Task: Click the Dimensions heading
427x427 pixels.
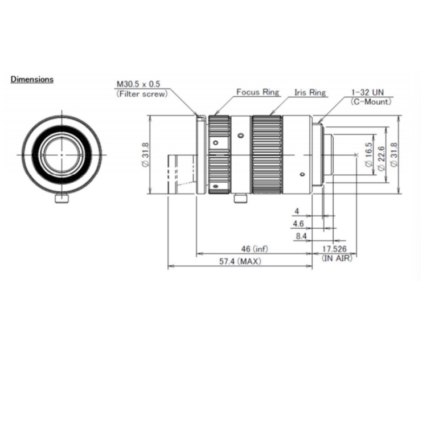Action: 32,80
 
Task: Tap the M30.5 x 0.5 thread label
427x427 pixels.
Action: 138,84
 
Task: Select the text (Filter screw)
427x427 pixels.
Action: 142,94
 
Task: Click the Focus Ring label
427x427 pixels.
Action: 257,92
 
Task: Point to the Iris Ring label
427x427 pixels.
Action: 310,93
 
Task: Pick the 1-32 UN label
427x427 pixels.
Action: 367,92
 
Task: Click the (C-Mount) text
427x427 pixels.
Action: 371,102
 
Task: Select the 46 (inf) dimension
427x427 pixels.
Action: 254,249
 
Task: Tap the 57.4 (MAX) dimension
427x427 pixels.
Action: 240,261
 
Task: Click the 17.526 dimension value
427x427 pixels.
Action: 334,249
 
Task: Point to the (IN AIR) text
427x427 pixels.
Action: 337,258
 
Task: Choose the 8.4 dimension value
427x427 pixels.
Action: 301,236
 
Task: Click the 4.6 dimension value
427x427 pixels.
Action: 298,224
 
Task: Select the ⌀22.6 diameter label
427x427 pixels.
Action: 381,159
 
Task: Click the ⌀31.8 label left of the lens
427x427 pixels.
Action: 146,155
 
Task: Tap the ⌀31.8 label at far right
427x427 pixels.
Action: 394,155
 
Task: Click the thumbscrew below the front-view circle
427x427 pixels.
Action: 62,198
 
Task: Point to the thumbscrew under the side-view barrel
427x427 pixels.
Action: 240,198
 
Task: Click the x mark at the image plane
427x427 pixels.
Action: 356,155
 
